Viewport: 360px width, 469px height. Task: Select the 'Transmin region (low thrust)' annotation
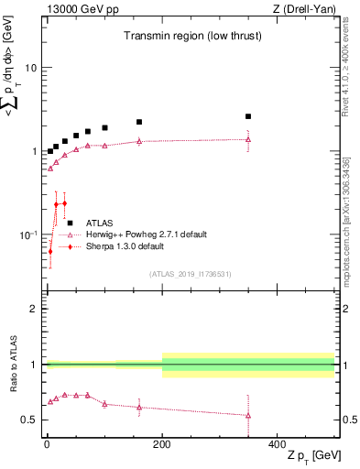tap(191, 38)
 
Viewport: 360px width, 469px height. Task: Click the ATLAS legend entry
tap(100, 222)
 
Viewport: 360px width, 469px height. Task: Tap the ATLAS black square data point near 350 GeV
tap(248, 116)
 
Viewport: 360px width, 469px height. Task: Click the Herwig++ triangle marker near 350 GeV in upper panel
tap(248, 139)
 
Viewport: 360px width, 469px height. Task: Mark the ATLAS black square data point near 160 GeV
tap(139, 122)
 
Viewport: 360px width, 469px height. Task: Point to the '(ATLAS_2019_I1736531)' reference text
tap(190, 274)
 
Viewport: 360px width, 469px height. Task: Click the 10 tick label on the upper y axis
tap(30, 69)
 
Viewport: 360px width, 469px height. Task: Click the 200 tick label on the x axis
tap(162, 444)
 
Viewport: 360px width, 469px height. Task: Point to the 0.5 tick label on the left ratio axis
tap(28, 420)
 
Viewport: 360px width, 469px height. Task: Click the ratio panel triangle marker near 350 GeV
tap(248, 415)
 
